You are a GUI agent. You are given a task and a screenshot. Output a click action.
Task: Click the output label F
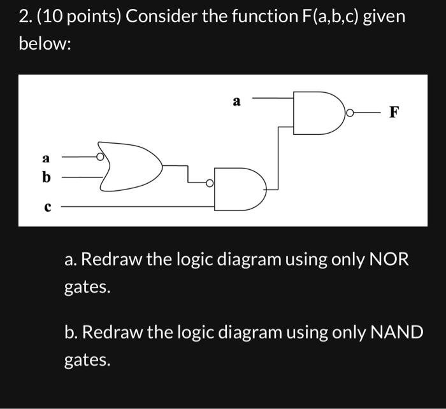[394, 113]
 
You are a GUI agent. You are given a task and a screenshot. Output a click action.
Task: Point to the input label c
[46, 206]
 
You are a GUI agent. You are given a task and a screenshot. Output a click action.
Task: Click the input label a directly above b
[45, 156]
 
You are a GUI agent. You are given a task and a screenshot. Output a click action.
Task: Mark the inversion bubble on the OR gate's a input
[101, 156]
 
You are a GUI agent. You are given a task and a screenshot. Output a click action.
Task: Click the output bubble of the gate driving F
[349, 113]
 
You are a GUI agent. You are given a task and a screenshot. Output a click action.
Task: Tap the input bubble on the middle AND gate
[210, 183]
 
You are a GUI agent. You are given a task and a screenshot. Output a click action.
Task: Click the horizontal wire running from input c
[140, 207]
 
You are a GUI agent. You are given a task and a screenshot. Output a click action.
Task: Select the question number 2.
[24, 17]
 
